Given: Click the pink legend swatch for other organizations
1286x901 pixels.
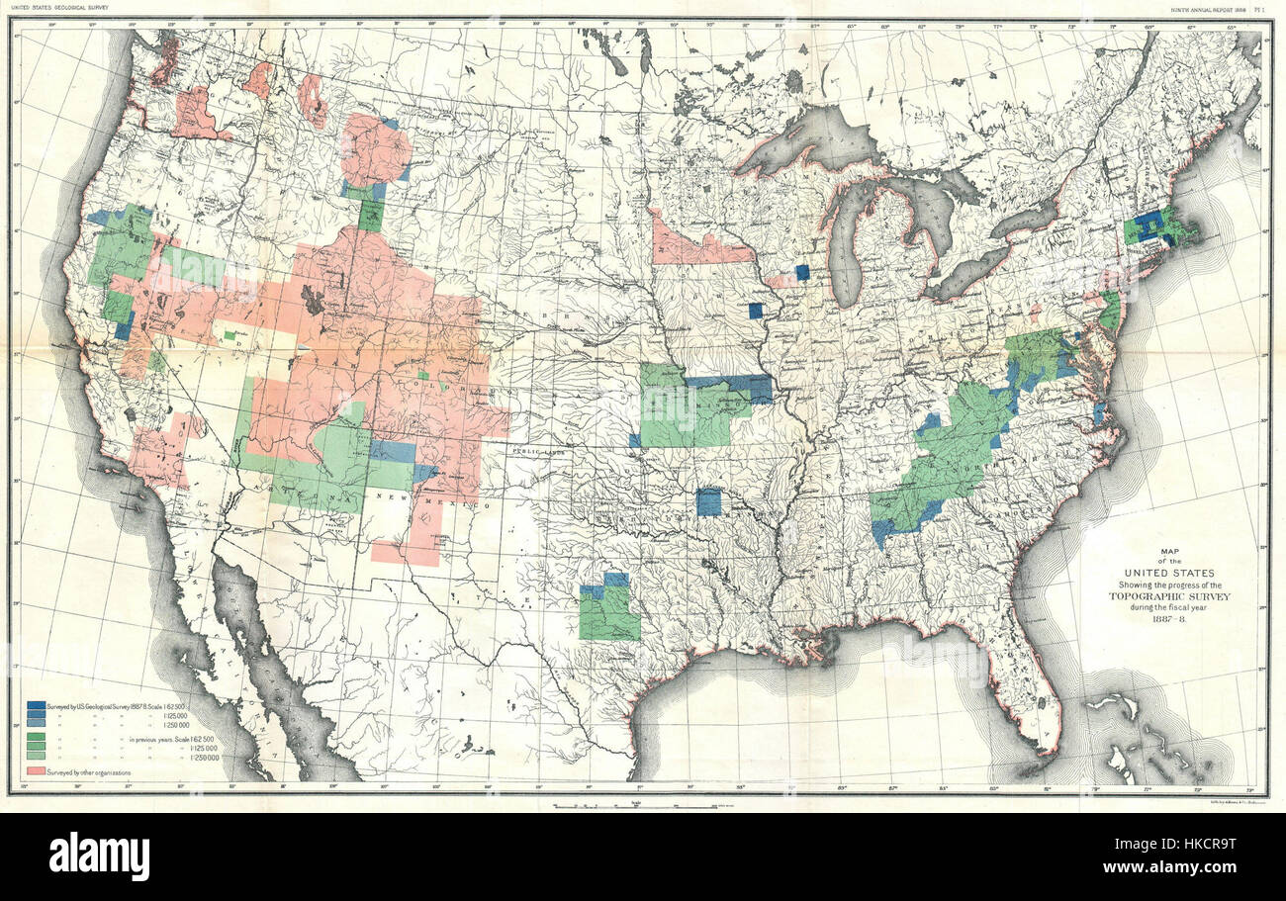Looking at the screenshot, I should [x=38, y=768].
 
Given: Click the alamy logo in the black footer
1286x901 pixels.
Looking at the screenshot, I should [x=99, y=856].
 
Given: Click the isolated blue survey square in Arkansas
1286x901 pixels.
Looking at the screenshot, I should [x=708, y=501].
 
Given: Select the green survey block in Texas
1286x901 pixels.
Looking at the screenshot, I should [x=609, y=613].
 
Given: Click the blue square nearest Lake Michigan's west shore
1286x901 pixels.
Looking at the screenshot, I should [x=802, y=272].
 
